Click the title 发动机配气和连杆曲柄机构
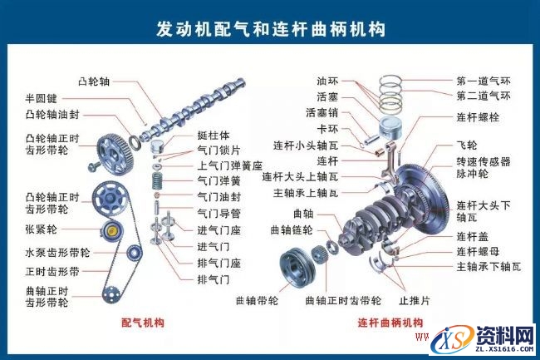(271, 29)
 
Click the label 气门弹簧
(218, 180)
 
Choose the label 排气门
(213, 279)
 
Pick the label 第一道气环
(484, 81)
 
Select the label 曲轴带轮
(257, 299)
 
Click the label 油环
(326, 81)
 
